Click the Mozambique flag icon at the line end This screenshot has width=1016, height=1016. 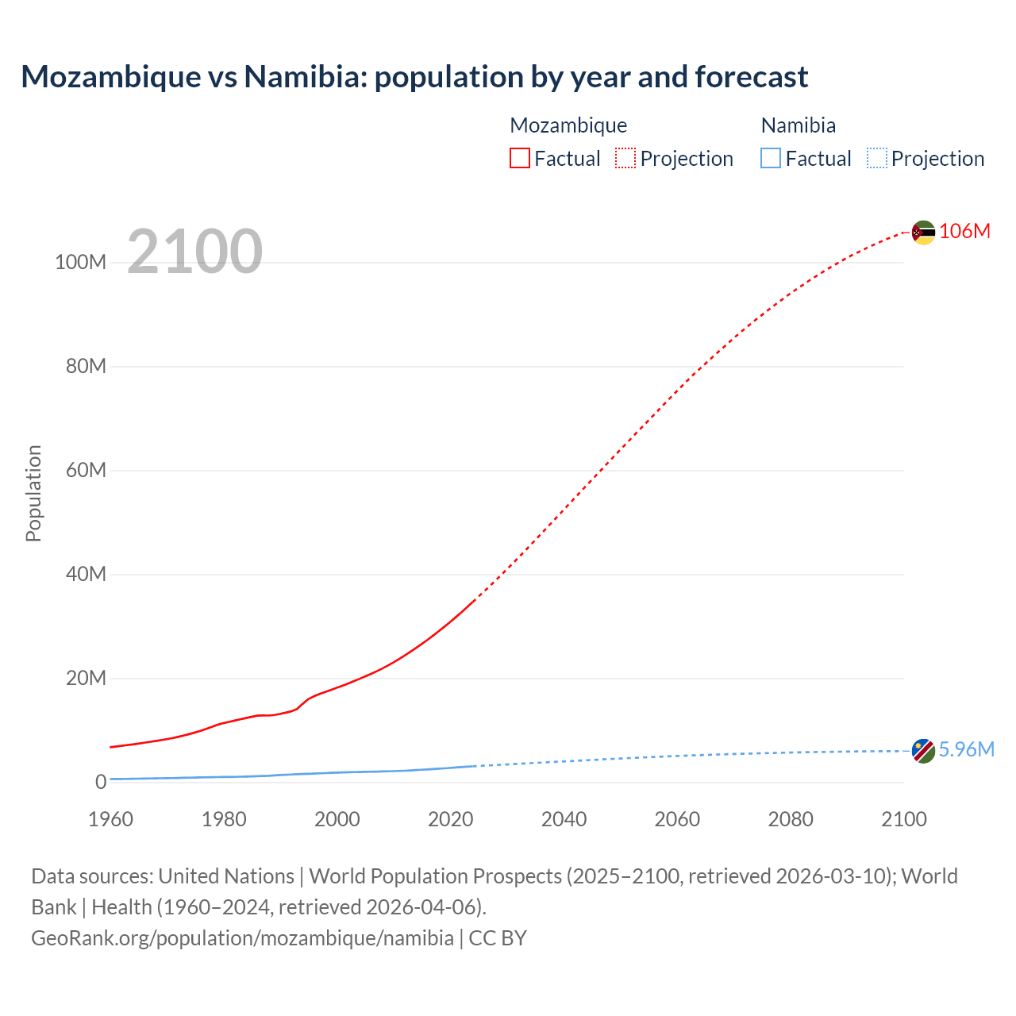pyautogui.click(x=923, y=233)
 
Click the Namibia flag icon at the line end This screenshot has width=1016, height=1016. pyautogui.click(x=923, y=751)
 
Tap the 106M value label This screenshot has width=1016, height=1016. pyautogui.click(x=964, y=231)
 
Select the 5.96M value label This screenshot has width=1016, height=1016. pyautogui.click(x=966, y=749)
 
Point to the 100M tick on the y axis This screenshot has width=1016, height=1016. pyautogui.click(x=80, y=262)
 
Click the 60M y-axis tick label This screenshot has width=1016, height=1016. pyautogui.click(x=86, y=470)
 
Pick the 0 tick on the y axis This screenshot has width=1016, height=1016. pyautogui.click(x=101, y=782)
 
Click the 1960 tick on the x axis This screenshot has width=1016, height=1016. pyautogui.click(x=110, y=819)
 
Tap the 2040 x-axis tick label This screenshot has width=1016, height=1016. pyautogui.click(x=564, y=819)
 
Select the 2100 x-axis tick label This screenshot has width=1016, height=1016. pyautogui.click(x=903, y=819)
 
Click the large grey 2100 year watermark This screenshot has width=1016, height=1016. pyautogui.click(x=194, y=252)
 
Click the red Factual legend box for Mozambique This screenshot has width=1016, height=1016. pyautogui.click(x=520, y=158)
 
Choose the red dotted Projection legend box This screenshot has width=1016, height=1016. pyautogui.click(x=625, y=158)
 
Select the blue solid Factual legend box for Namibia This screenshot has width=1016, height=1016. pyautogui.click(x=771, y=158)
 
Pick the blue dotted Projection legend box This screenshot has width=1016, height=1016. pyautogui.click(x=876, y=158)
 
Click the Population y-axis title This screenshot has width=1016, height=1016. pyautogui.click(x=33, y=493)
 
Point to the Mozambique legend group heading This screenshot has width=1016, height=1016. pyautogui.click(x=568, y=125)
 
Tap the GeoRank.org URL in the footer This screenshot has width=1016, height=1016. pyautogui.click(x=242, y=938)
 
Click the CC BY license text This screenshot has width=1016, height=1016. pyautogui.click(x=498, y=938)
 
